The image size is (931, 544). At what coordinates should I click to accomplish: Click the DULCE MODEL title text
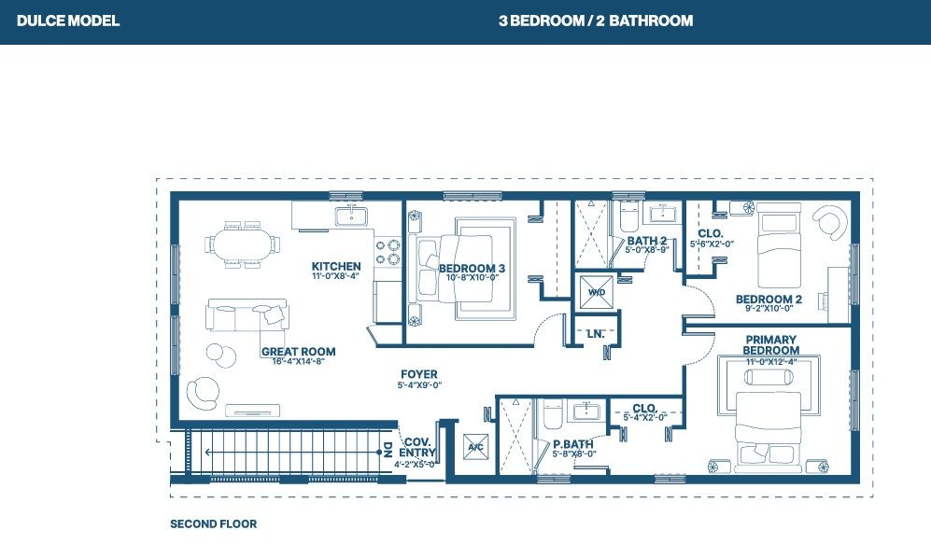pos(68,21)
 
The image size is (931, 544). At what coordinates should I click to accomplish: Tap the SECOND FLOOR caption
pos(213,523)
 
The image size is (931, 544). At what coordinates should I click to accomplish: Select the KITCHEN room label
pos(336,266)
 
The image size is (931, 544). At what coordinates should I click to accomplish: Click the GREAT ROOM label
pos(298,351)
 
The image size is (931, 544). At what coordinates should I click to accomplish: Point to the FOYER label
pos(419,374)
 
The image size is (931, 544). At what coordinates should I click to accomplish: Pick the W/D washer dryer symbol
pos(597,292)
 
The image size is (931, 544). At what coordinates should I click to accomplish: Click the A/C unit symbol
pos(475,447)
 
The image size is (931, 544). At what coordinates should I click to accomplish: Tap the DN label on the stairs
pos(388,450)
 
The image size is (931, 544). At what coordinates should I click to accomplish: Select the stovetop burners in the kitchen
pos(388,252)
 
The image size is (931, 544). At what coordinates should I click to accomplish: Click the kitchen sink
pos(351,216)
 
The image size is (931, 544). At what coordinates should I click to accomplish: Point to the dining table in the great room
pos(243,244)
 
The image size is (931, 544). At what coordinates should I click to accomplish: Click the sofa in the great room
pos(247,315)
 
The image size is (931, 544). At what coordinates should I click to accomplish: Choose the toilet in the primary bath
pos(553,414)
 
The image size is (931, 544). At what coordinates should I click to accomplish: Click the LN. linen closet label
pos(596,334)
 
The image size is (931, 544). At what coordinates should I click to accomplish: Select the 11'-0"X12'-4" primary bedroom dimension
pos(770,361)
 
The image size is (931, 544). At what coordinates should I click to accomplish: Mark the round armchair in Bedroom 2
pos(829,221)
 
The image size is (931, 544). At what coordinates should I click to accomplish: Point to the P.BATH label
pos(573,444)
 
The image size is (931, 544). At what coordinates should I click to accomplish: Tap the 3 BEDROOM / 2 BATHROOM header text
pos(596,21)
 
